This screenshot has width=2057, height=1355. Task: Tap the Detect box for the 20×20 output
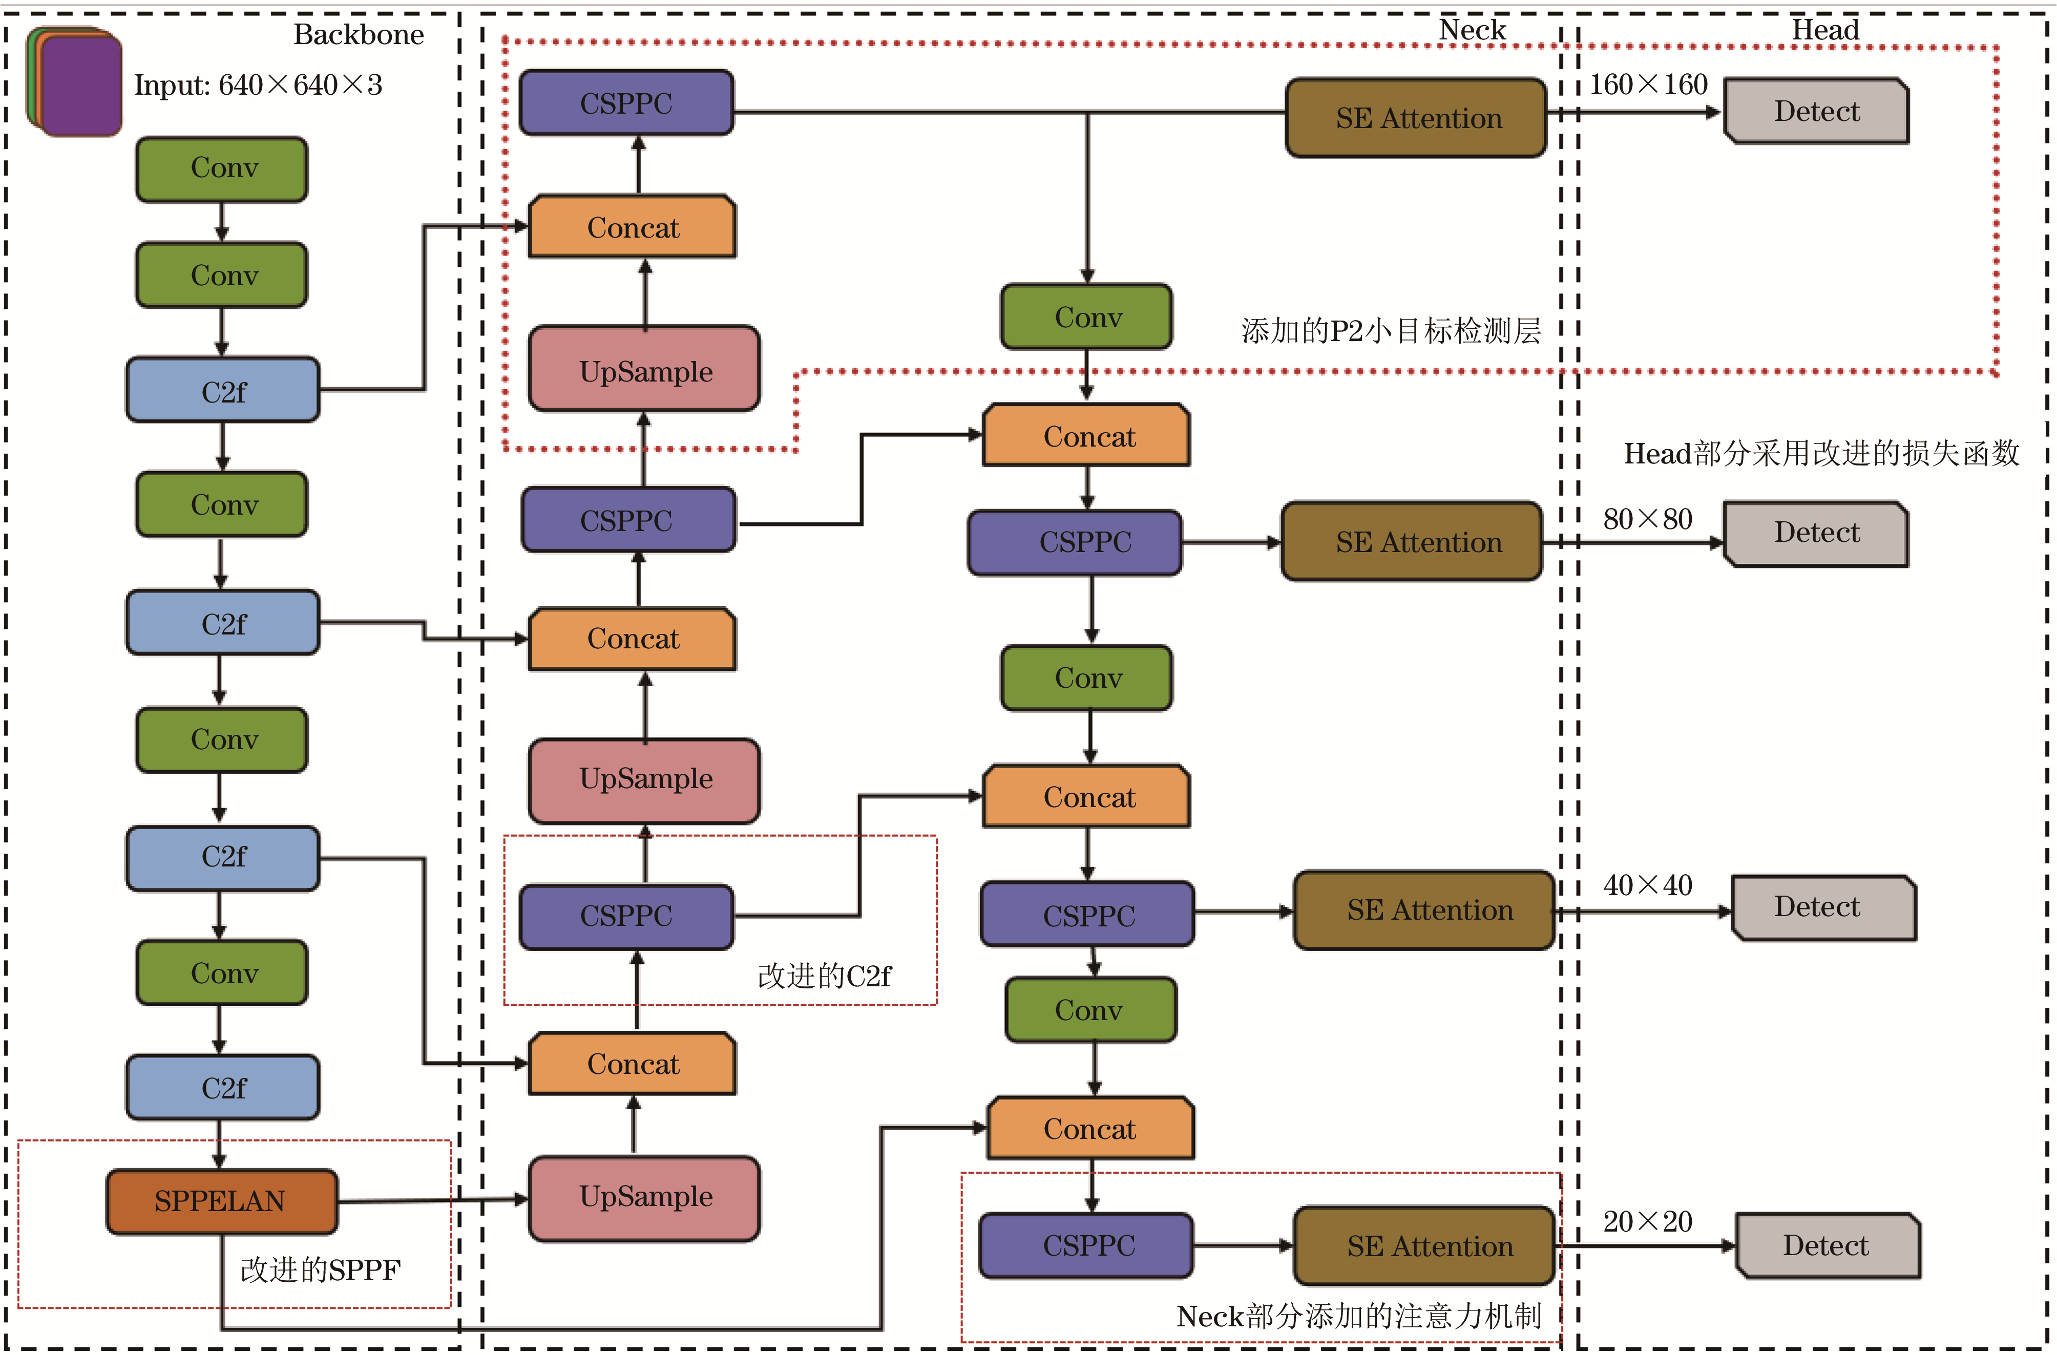pos(1827,1245)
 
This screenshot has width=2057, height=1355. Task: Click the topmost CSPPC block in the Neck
pos(626,103)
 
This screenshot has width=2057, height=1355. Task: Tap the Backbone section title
pos(359,35)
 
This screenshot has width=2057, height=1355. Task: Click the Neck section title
pos(1472,30)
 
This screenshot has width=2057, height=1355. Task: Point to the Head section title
pos(1824,30)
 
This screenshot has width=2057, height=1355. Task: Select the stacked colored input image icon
pos(75,82)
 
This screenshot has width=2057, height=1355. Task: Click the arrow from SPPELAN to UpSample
pos(432,1200)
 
